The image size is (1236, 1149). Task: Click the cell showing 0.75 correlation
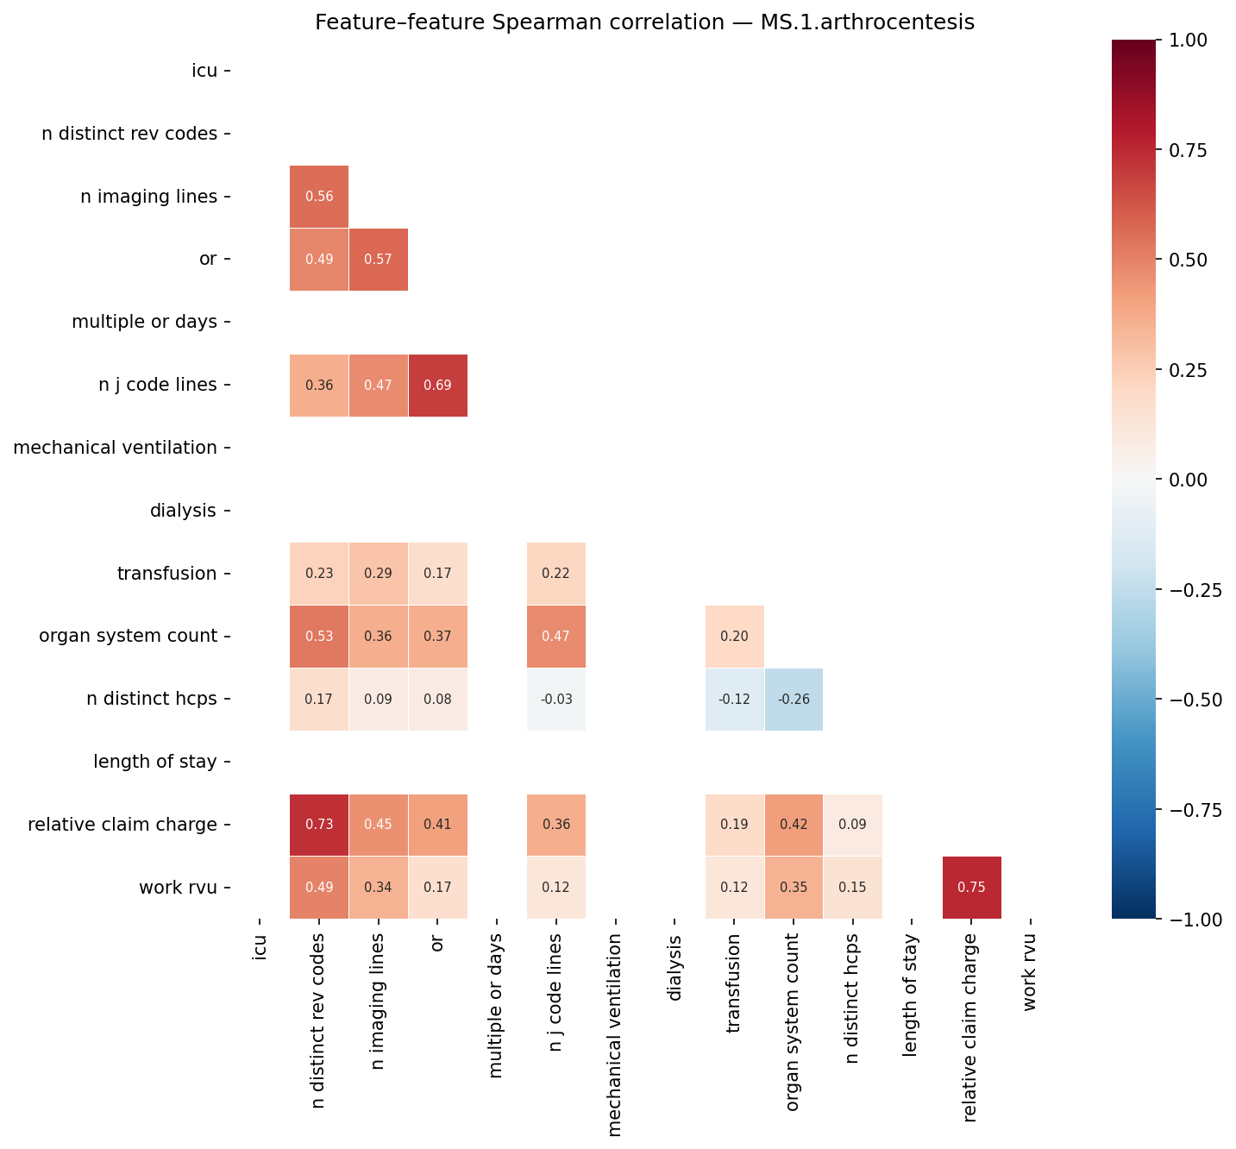point(971,888)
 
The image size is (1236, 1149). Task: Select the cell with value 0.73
point(319,825)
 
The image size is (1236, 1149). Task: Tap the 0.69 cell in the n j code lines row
point(437,386)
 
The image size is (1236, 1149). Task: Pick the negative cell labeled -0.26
point(794,700)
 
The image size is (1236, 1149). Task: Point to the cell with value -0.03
point(556,700)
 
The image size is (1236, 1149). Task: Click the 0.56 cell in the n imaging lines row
point(319,197)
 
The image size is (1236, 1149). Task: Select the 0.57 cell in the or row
point(379,260)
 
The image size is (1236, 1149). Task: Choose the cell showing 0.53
point(319,637)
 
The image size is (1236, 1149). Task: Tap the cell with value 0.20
point(734,637)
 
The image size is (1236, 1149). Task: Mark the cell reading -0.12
point(734,700)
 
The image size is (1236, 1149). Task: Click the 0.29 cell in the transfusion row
point(379,574)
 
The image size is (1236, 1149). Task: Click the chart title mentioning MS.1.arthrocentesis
point(644,22)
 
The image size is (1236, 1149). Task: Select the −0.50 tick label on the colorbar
point(1193,700)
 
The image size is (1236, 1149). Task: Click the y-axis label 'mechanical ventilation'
point(116,448)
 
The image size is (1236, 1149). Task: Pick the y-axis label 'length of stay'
point(155,762)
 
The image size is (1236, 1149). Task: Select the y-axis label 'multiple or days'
point(144,323)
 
